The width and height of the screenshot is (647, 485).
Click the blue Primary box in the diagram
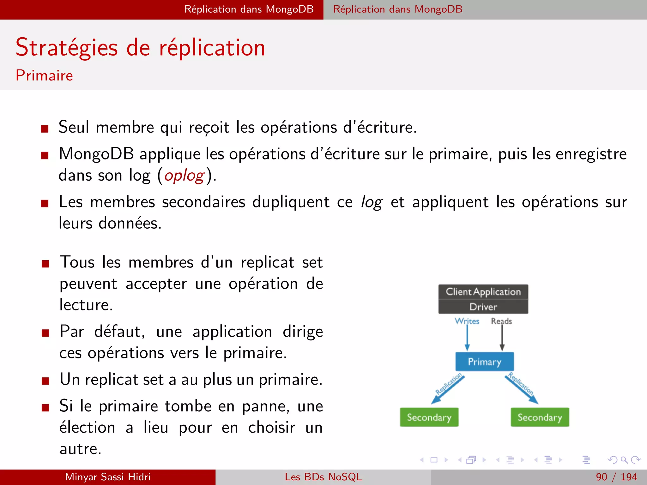coord(484,362)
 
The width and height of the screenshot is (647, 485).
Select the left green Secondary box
coord(429,417)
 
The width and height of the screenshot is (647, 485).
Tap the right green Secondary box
coord(540,417)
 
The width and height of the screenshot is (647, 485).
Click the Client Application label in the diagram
coord(483,292)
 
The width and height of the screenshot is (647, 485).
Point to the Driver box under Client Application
coord(483,307)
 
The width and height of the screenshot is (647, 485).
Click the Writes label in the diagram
coord(467,321)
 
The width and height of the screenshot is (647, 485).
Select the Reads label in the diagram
coord(501,321)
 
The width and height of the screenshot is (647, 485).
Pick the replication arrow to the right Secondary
coord(522,389)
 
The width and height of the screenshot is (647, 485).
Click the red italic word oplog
coord(184,176)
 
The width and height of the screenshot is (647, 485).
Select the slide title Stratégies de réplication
coord(141,48)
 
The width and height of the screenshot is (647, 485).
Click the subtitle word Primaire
coord(44,75)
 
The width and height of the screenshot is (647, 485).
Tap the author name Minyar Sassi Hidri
coord(108,477)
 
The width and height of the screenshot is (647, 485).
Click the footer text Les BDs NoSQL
coord(323,477)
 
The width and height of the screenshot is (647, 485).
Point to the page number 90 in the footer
coord(602,477)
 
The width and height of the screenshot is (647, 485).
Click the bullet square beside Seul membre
coord(45,129)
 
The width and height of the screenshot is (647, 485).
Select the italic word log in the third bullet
coord(372,202)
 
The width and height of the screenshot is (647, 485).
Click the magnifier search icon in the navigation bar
coord(624,460)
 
